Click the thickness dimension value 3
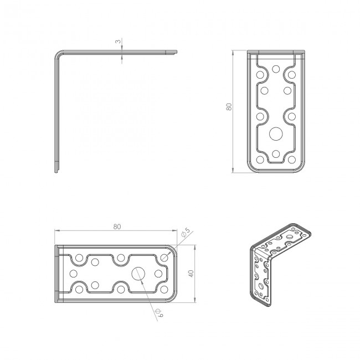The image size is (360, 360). click(118, 42)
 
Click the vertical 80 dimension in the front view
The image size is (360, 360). click(229, 107)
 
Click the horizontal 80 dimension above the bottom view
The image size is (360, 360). click(117, 227)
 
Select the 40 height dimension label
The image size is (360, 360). click(191, 274)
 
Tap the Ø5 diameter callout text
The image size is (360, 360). click(186, 233)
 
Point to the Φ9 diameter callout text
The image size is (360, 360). click(160, 313)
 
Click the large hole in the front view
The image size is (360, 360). click(276, 133)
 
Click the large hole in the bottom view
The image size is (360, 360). click(138, 274)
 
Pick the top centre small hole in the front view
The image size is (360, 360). click(276, 69)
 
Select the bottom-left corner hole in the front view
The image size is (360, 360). click(260, 160)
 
